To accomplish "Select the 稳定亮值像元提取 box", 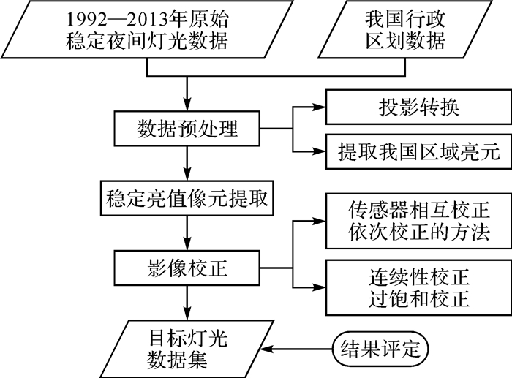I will click(x=188, y=198).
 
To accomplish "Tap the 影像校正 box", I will click(x=188, y=268).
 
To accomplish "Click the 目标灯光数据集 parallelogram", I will click(x=187, y=349).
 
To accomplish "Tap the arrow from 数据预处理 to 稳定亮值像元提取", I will click(x=188, y=162).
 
